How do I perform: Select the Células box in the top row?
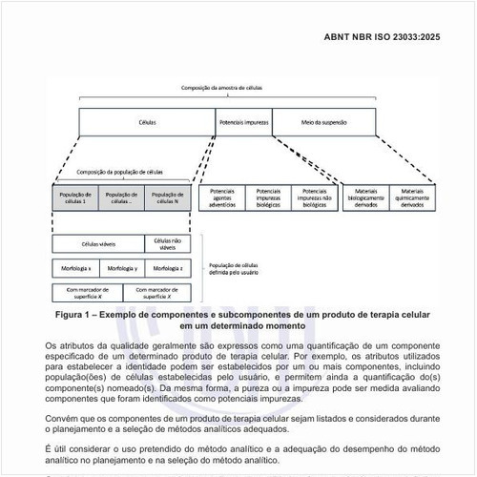click(148, 122)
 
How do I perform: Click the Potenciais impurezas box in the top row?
click(244, 122)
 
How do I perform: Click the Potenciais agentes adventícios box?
click(221, 196)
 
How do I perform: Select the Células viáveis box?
click(97, 244)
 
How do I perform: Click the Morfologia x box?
click(73, 269)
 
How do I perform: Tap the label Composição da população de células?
click(119, 173)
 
